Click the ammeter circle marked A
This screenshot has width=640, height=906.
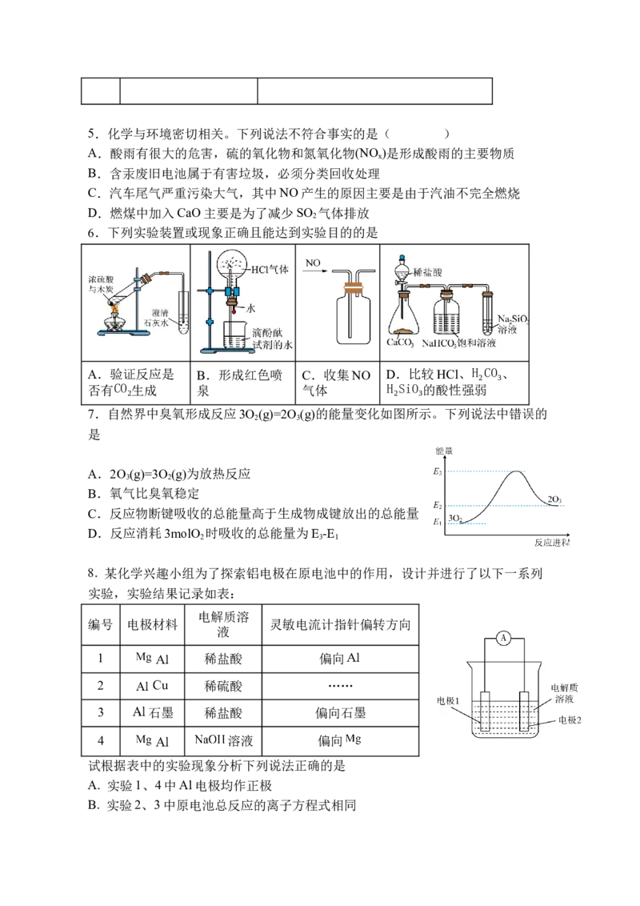pyautogui.click(x=504, y=638)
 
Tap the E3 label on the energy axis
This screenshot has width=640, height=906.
pyautogui.click(x=438, y=471)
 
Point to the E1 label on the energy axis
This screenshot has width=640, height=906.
pyautogui.click(x=438, y=522)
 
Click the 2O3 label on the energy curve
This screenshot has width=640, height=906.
pyautogui.click(x=554, y=499)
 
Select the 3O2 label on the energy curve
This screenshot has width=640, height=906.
pyautogui.click(x=455, y=518)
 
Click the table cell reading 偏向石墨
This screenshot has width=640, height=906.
pyautogui.click(x=340, y=712)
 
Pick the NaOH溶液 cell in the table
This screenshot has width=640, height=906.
pyautogui.click(x=223, y=740)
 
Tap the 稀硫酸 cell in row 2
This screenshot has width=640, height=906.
pyautogui.click(x=223, y=686)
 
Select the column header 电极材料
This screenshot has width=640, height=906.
pyautogui.click(x=153, y=624)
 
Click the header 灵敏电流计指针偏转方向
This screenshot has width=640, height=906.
pyautogui.click(x=340, y=624)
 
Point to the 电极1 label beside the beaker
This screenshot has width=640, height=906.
pyautogui.click(x=448, y=701)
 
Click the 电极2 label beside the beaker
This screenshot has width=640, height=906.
pyautogui.click(x=570, y=720)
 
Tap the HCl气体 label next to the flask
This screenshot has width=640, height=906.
pyautogui.click(x=270, y=269)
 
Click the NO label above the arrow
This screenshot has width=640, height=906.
pyautogui.click(x=313, y=263)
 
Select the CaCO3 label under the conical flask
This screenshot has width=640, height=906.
pyautogui.click(x=400, y=342)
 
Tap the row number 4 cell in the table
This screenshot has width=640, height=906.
pyautogui.click(x=101, y=740)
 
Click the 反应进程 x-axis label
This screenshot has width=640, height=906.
pyautogui.click(x=552, y=543)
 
